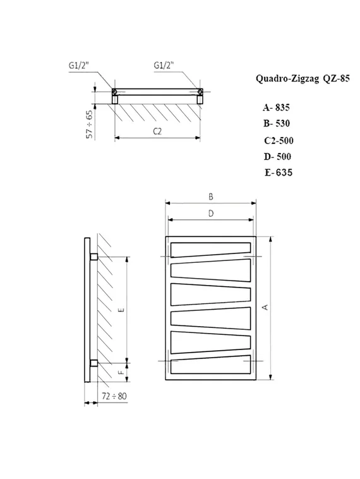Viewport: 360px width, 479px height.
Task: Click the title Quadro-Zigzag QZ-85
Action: [292, 79]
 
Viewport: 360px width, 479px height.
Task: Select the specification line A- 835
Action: [276, 108]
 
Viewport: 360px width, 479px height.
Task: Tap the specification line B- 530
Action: [277, 124]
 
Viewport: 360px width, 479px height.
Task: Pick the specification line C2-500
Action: [278, 140]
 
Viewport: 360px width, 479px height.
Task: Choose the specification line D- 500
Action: [277, 156]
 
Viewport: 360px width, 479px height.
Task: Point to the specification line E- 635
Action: [279, 173]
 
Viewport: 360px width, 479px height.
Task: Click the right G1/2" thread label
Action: [166, 64]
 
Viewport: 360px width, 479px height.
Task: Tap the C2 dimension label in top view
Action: [158, 131]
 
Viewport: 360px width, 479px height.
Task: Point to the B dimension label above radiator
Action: [211, 197]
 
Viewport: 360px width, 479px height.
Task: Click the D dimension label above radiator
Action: [211, 214]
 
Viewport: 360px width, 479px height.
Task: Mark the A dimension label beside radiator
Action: [266, 307]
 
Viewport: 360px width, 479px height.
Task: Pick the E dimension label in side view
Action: [121, 309]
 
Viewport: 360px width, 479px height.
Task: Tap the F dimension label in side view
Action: [121, 372]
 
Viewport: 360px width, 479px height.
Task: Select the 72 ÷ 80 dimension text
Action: [113, 396]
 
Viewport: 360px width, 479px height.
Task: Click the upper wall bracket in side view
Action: [94, 257]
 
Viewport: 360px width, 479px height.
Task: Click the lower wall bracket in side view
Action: [94, 363]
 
